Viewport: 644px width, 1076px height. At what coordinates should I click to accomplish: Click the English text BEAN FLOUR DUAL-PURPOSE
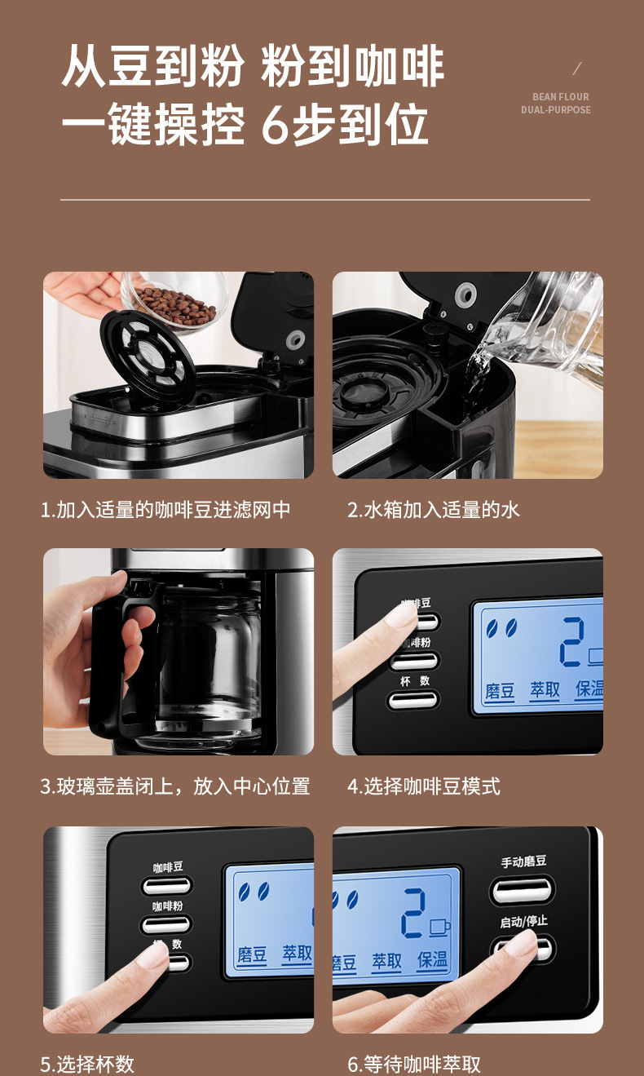coord(556,104)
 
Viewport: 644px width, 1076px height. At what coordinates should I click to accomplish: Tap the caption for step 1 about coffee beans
coord(166,511)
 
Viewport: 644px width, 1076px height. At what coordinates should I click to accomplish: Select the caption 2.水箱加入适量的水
coord(434,511)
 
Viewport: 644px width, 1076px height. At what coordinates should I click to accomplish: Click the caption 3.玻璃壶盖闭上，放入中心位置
coord(175,786)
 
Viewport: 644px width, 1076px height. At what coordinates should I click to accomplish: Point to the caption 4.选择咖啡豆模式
coord(424,786)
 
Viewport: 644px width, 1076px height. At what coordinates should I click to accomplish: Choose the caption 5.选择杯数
coord(87,1064)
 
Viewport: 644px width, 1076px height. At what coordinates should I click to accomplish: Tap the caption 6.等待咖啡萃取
coord(414,1064)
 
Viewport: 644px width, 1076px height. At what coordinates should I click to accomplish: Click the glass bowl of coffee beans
coord(175,303)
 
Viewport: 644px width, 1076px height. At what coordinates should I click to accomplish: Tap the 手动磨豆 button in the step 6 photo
coord(523,888)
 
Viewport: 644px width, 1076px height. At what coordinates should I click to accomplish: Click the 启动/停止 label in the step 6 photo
coord(523,921)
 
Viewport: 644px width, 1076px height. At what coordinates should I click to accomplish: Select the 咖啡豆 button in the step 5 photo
coord(166,885)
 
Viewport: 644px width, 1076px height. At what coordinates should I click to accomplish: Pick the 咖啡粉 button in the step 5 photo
coord(166,923)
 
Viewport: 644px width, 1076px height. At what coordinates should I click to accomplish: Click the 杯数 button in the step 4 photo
coord(413,699)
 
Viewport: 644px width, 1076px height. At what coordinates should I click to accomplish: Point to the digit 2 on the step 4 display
coord(572,642)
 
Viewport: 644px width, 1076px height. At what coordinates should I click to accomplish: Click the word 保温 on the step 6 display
coord(432,960)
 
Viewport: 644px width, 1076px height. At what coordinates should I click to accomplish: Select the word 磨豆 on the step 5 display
coord(252,955)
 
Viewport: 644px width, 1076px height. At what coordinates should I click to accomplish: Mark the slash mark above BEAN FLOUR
coord(577,69)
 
